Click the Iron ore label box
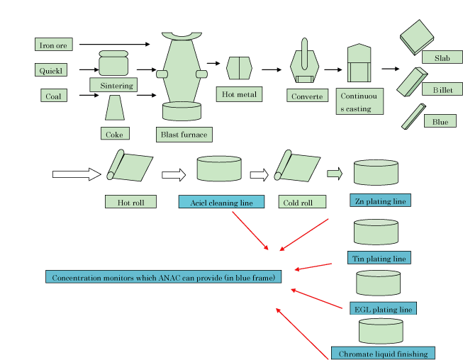click(x=53, y=45)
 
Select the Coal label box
click(x=53, y=96)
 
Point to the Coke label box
click(x=114, y=133)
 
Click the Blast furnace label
click(x=184, y=134)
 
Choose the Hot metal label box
click(x=239, y=94)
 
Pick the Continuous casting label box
click(x=359, y=102)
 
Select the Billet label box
click(x=442, y=90)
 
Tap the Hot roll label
click(x=130, y=202)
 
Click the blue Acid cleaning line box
click(x=221, y=202)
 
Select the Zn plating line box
click(x=381, y=201)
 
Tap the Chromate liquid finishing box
click(x=382, y=353)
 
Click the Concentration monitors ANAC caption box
click(x=163, y=276)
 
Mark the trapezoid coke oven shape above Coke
click(x=116, y=108)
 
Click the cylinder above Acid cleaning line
click(x=218, y=169)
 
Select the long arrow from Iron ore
click(x=114, y=45)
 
